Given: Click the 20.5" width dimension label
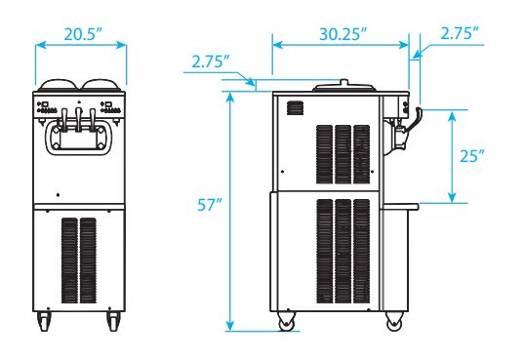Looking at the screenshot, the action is (x=83, y=34).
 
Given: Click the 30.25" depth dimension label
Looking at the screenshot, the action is (x=343, y=34).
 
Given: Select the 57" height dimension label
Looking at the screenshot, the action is (x=210, y=205).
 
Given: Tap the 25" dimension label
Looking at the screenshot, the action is (x=472, y=155).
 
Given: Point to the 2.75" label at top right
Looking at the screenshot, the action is (x=460, y=33).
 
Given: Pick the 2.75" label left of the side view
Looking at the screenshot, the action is (x=211, y=61).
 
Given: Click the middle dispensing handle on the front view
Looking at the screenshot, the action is (x=78, y=119).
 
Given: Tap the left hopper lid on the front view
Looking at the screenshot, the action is (x=59, y=85).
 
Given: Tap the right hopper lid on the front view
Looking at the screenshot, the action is (x=101, y=85).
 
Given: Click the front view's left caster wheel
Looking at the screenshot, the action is (x=45, y=321).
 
